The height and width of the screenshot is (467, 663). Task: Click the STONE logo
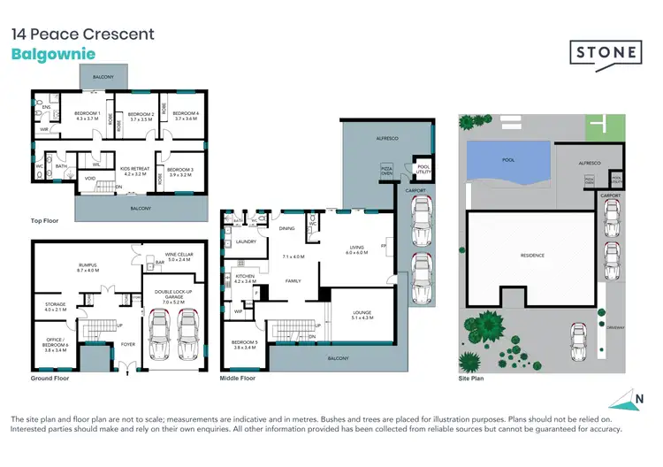604,52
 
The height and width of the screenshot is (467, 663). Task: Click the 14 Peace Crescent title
82,34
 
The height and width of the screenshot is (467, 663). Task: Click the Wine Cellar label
179,256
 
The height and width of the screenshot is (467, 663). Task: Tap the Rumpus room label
88,267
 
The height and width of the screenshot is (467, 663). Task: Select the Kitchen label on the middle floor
244,279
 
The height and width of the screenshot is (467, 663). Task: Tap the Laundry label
246,241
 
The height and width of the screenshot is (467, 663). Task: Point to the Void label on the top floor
90,178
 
